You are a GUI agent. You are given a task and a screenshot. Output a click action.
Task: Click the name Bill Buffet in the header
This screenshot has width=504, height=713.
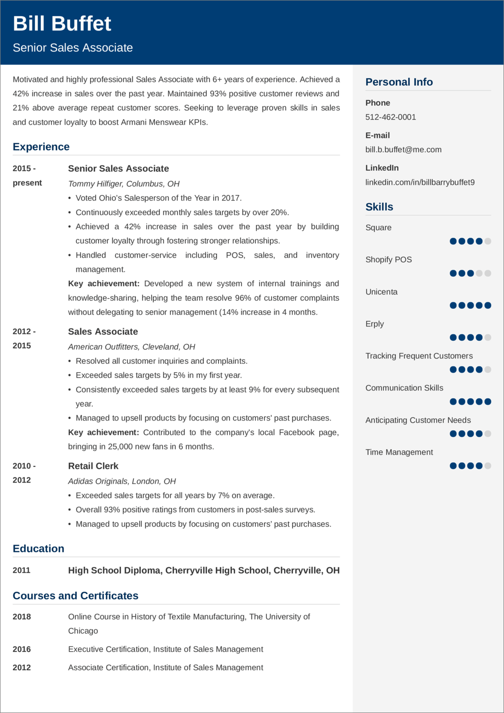tap(62, 24)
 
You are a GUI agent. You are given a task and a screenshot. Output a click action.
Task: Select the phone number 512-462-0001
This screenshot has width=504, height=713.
tap(390, 117)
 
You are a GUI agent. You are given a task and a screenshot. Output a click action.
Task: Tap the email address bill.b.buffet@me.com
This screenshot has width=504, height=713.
tap(403, 150)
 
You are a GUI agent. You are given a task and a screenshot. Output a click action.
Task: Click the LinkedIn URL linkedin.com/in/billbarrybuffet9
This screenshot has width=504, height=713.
tap(420, 182)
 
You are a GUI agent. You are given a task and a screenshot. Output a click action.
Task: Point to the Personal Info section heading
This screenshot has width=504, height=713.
tap(399, 82)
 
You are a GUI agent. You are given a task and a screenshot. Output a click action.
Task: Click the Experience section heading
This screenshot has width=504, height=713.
tap(41, 147)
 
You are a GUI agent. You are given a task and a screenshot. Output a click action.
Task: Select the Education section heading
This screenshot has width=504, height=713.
tap(38, 549)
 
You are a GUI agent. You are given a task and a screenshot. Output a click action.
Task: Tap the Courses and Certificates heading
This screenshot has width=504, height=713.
tap(75, 596)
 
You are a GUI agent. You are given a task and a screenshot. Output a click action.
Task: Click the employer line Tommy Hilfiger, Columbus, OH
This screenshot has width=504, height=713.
tap(124, 184)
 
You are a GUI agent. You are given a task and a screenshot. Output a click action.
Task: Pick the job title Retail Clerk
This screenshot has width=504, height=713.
tap(93, 466)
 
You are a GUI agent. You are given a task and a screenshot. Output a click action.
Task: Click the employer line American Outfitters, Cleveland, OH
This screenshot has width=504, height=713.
tap(131, 347)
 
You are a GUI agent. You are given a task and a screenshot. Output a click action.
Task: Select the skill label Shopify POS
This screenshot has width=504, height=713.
tap(388, 259)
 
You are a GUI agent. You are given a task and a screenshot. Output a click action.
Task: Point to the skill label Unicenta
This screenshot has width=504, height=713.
tap(381, 292)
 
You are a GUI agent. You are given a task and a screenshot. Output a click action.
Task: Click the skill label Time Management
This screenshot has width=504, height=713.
tap(399, 452)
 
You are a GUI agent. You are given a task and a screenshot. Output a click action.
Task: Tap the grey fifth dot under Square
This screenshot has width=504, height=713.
tap(488, 241)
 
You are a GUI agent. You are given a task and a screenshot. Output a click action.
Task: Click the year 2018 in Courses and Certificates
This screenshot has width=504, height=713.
tap(22, 616)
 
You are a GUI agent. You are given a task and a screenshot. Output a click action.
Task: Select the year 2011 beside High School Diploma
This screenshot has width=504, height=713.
tap(22, 570)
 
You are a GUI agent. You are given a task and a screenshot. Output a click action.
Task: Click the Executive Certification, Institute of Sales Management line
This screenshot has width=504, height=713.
tap(165, 649)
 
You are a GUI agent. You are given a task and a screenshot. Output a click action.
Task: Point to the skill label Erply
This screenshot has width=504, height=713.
tap(374, 324)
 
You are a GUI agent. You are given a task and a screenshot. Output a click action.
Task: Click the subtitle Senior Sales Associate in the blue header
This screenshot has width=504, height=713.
tap(73, 48)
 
